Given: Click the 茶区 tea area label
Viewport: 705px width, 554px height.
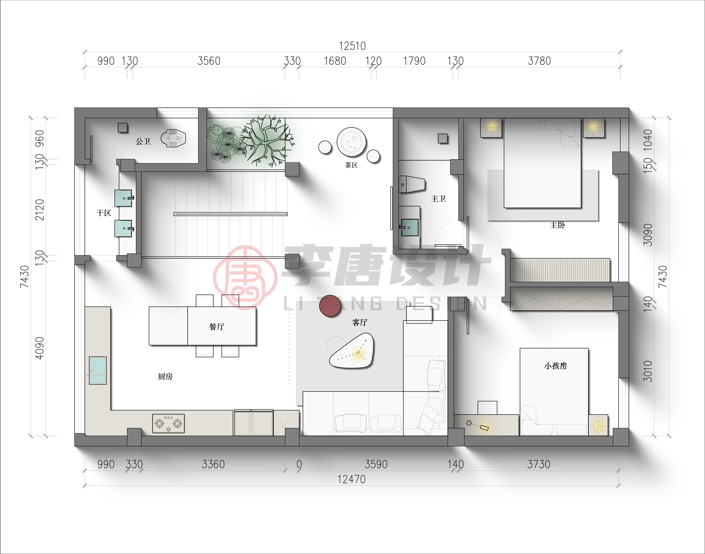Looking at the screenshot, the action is (x=351, y=165).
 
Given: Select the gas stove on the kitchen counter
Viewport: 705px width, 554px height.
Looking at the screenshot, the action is (x=168, y=423).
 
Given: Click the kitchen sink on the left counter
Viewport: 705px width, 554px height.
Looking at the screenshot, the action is (x=98, y=371).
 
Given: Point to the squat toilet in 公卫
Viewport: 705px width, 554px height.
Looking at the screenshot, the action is (x=173, y=138).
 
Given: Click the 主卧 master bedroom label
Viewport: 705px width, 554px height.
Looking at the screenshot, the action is (x=557, y=225).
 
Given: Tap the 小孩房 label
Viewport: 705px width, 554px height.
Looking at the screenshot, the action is (x=555, y=366).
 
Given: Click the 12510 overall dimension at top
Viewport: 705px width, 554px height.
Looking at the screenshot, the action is (x=352, y=46).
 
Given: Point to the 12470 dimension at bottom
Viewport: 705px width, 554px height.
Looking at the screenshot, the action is (x=351, y=479).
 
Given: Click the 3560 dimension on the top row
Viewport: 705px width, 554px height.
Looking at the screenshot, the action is (x=209, y=61).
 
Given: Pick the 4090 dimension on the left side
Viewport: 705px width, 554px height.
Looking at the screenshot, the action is (x=39, y=348).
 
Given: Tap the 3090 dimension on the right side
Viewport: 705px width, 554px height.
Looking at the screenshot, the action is (x=648, y=234).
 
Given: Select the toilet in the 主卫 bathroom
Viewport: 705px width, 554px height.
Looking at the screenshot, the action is (x=411, y=184).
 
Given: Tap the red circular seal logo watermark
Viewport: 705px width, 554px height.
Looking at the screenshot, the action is (x=245, y=278).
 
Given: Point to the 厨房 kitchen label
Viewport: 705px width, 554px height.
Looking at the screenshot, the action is (x=165, y=377).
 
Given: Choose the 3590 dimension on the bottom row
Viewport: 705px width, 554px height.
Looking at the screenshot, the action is (x=376, y=464).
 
